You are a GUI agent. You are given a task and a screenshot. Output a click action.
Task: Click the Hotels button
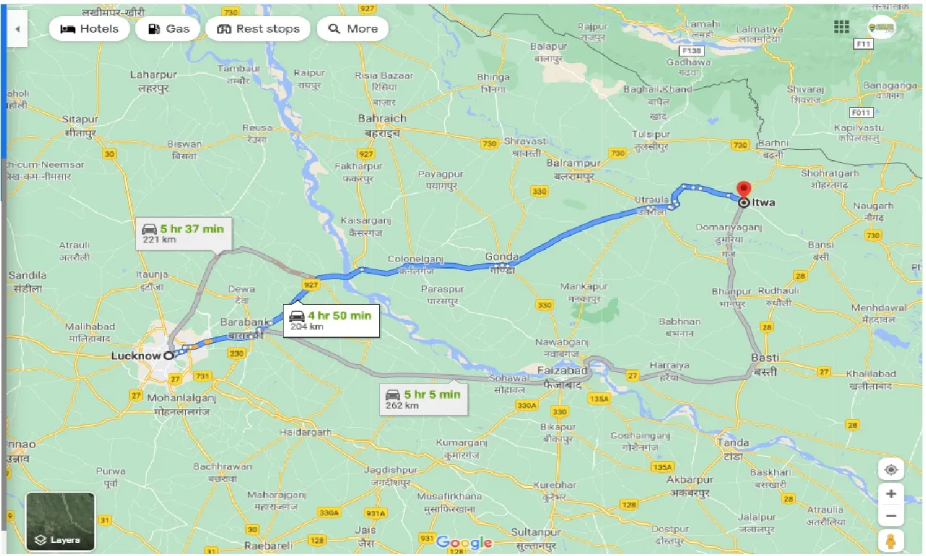tap(90, 29)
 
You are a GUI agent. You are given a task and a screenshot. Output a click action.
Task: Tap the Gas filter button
tap(168, 29)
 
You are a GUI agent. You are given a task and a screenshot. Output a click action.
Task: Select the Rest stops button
tap(258, 29)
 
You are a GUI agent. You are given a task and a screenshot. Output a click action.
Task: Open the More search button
tap(352, 29)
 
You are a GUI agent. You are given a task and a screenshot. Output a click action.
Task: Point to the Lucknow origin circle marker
tap(169, 355)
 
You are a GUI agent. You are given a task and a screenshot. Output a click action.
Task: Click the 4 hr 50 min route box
tap(331, 319)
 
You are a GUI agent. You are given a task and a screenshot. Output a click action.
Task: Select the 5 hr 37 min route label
tap(184, 233)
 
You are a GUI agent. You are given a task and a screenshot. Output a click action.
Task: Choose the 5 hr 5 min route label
tap(423, 398)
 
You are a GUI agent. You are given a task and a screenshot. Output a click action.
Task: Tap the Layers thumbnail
tap(60, 521)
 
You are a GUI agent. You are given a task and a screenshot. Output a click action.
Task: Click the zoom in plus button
tap(891, 494)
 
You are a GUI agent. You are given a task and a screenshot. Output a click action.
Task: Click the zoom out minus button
tap(891, 517)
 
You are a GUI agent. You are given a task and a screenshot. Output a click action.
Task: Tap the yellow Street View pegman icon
tap(891, 542)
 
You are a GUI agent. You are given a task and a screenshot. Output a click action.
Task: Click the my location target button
tap(891, 470)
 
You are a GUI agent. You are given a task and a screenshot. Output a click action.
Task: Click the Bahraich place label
tap(382, 118)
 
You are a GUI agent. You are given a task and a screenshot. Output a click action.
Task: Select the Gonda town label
tap(501, 257)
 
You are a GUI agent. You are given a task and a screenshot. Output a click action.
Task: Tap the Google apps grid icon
tap(841, 27)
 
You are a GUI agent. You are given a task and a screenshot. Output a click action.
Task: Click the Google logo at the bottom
tap(464, 542)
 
